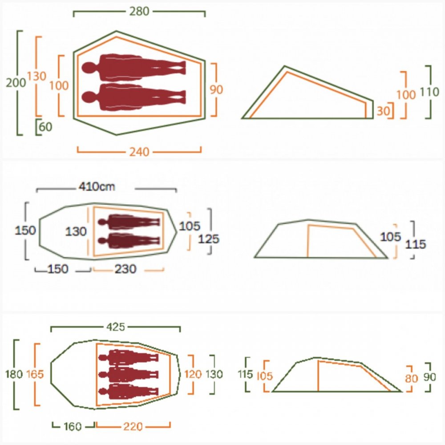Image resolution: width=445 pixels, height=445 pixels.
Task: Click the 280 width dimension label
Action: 139,12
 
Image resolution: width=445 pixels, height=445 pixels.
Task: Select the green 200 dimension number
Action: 16,83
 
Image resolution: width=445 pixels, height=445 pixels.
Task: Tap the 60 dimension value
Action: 46,127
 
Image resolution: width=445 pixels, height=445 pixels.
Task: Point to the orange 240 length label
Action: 139,152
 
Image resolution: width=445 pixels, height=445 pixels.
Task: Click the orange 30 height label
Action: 383,111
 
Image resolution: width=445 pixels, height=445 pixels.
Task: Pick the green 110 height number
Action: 429,92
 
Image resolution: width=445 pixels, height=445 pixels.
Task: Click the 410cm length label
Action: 97,186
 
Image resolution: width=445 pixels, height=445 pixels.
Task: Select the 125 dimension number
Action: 209,239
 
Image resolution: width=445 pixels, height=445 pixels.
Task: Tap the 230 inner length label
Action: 125,269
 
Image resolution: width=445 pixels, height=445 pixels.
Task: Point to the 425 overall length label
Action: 116,327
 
